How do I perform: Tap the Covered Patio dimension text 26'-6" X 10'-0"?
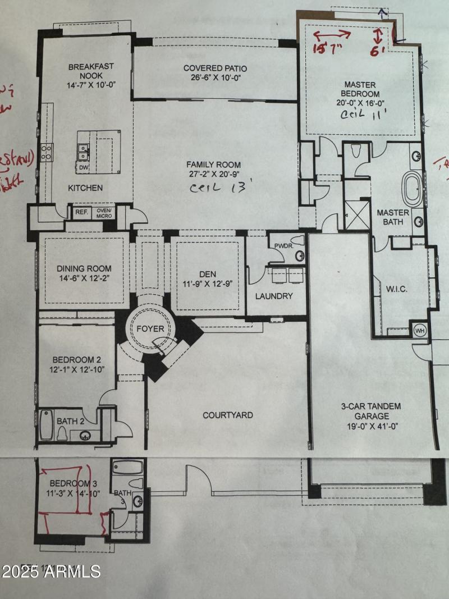pyautogui.click(x=215, y=79)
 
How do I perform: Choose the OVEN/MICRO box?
pyautogui.click(x=105, y=212)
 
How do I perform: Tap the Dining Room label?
pyautogui.click(x=84, y=268)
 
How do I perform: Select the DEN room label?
pyautogui.click(x=208, y=275)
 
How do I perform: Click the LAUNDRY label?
pyautogui.click(x=274, y=296)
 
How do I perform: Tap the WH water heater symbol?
pyautogui.click(x=419, y=331)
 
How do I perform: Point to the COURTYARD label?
pyautogui.click(x=227, y=415)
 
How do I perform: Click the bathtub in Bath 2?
pyautogui.click(x=46, y=425)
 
